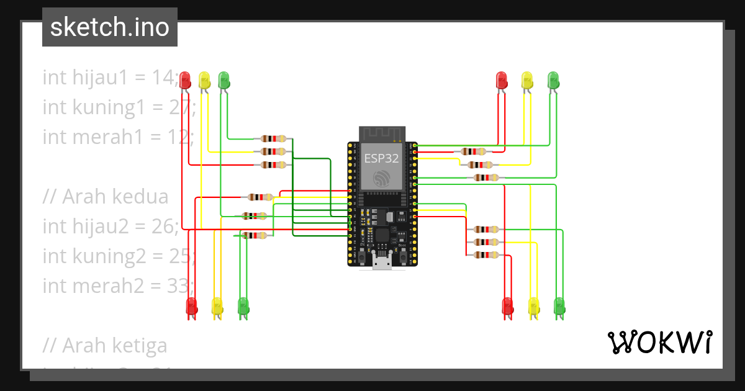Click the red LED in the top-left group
tap(185, 79)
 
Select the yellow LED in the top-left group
tap(204, 79)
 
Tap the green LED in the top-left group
tap(223, 79)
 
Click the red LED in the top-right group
tap(502, 79)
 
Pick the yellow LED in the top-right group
tap(527, 79)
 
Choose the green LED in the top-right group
tap(553, 79)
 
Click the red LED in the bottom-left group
tap(192, 306)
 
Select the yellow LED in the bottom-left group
tap(217, 306)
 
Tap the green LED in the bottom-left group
tap(243, 306)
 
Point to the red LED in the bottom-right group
tap(508, 306)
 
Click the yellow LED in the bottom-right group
tap(533, 306)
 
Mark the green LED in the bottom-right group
tap(559, 306)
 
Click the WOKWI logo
tap(659, 342)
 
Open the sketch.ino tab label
tap(110, 27)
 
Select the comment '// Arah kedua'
tap(106, 197)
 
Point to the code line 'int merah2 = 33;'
tap(118, 285)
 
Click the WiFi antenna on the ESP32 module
tap(382, 133)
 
